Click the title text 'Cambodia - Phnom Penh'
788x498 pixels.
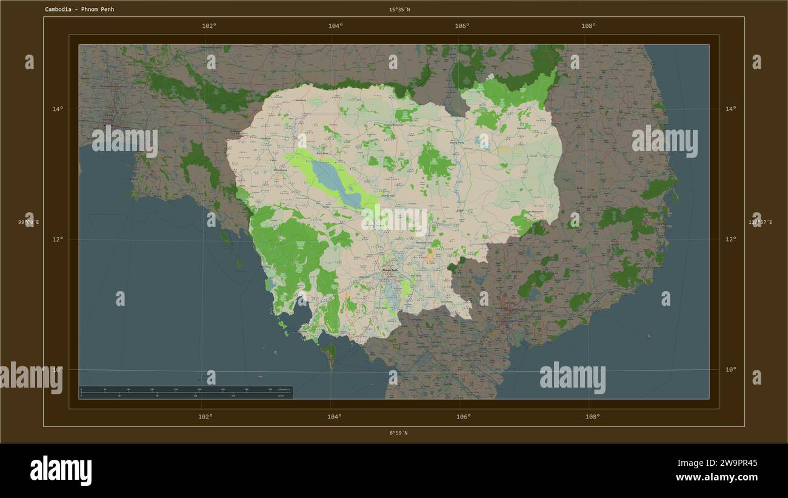[x=79, y=10]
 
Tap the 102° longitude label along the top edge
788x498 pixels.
[x=209, y=26]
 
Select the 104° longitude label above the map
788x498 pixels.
[x=335, y=26]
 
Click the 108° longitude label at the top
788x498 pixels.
[x=588, y=26]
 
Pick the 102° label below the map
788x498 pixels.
[x=205, y=417]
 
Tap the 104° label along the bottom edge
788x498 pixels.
[x=334, y=417]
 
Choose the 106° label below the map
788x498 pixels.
[x=463, y=417]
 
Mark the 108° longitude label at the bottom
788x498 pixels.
[x=592, y=417]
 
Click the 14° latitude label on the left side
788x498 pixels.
[x=58, y=109]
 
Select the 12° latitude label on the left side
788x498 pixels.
[x=58, y=239]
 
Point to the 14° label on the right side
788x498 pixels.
[x=731, y=109]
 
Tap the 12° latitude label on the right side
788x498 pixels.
[x=731, y=239]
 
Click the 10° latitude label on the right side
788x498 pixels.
[x=731, y=369]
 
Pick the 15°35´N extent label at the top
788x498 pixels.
[x=399, y=10]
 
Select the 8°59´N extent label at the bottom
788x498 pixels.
[x=399, y=433]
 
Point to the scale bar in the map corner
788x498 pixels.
[x=185, y=392]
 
